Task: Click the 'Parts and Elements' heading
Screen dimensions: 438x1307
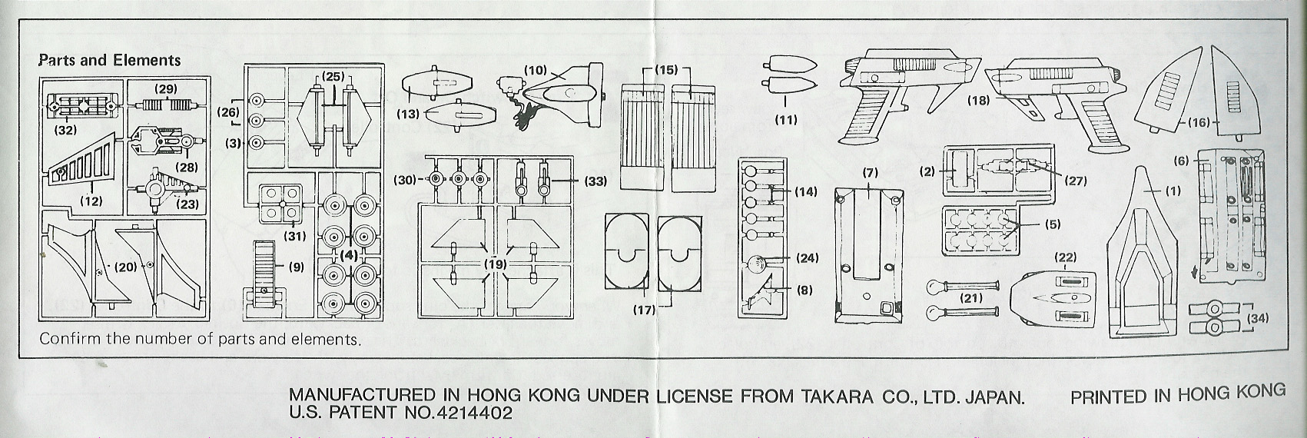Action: click(110, 60)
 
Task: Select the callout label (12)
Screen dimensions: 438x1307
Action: click(91, 201)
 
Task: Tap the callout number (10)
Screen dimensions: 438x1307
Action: click(535, 70)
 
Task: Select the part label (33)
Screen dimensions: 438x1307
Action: click(595, 181)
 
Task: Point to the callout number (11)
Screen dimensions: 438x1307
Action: click(786, 119)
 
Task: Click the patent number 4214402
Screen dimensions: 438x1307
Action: click(471, 413)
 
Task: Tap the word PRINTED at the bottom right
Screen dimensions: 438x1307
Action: click(1108, 396)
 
